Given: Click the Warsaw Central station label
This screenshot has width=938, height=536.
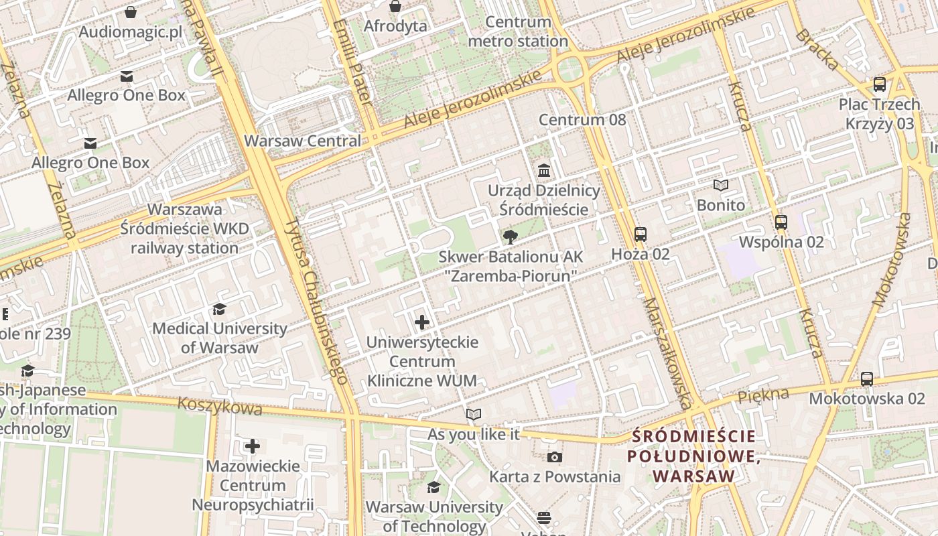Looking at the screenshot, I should pos(302,141).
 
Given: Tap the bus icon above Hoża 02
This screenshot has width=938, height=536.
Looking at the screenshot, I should pos(641,234).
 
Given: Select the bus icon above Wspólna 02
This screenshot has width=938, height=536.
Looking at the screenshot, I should pos(781,222).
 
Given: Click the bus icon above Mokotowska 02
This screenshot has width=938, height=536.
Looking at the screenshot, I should pos(867,379).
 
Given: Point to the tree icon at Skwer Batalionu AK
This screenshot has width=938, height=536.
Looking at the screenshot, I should pos(510,237).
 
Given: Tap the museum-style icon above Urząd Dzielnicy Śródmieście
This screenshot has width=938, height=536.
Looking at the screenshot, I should pos(544,171).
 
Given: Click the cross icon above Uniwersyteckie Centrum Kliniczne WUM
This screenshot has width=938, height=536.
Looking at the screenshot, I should pos(422,323).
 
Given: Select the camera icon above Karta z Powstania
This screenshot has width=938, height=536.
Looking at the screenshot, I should pos(554,458).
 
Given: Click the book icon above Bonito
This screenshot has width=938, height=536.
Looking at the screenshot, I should pos(721,186).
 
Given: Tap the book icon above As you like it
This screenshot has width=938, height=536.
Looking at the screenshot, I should pos(474,415).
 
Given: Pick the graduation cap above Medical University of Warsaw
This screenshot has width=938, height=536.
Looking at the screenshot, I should pos(219,309).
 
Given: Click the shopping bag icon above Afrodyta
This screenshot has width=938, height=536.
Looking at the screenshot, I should pos(395,7).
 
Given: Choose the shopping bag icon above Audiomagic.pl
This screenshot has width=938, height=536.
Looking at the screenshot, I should pos(131,12).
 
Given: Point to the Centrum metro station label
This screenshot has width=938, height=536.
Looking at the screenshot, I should pos(518,31).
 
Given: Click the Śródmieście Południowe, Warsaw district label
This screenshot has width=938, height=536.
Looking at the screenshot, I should pos(694,456).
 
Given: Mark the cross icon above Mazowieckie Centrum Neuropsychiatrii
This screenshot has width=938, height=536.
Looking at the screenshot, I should pos(253,446).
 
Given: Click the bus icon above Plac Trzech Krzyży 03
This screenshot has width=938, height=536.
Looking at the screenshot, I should pos(879,85).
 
